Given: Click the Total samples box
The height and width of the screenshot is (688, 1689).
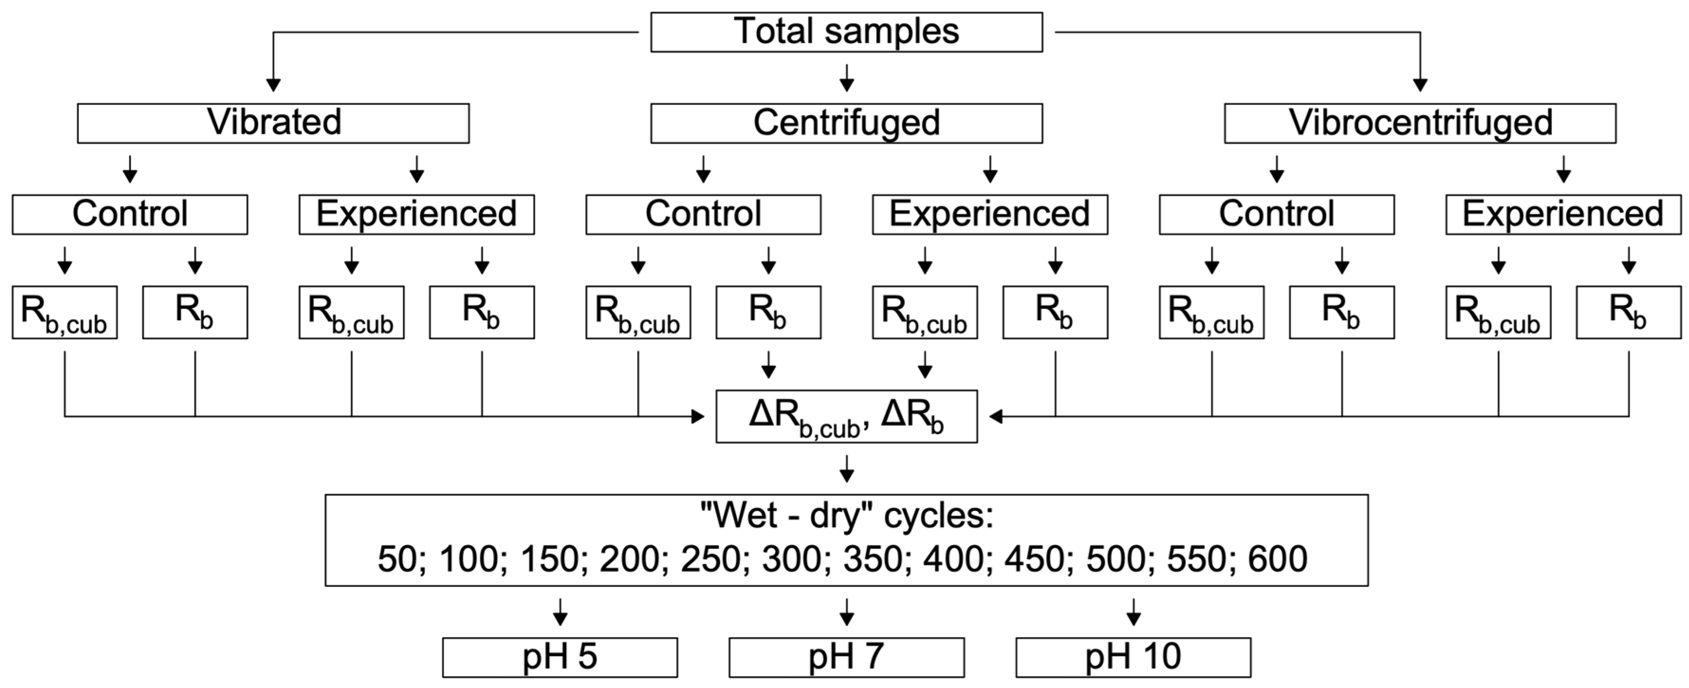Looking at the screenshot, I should point(846,31).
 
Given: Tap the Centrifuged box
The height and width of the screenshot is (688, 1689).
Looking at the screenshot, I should point(846,122).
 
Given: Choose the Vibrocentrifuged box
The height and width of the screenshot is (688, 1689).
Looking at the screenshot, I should point(1420,122).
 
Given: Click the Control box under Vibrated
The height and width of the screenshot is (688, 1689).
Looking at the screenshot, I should point(130,214).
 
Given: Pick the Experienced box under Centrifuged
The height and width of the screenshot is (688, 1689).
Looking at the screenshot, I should point(990,214).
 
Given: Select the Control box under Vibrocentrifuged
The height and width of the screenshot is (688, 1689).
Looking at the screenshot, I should point(1276,214).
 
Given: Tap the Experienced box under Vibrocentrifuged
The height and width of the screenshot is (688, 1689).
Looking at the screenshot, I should point(1563,214).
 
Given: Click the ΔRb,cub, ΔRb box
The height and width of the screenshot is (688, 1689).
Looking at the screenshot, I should point(846,417).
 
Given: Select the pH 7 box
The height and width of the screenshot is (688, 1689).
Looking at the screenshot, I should point(846,657).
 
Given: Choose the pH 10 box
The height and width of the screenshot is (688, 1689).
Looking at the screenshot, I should point(1133,657).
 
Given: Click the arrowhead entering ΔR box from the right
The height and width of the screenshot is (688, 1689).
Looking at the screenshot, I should point(995,417).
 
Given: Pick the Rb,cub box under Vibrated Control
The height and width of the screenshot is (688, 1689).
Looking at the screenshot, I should point(64,312).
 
